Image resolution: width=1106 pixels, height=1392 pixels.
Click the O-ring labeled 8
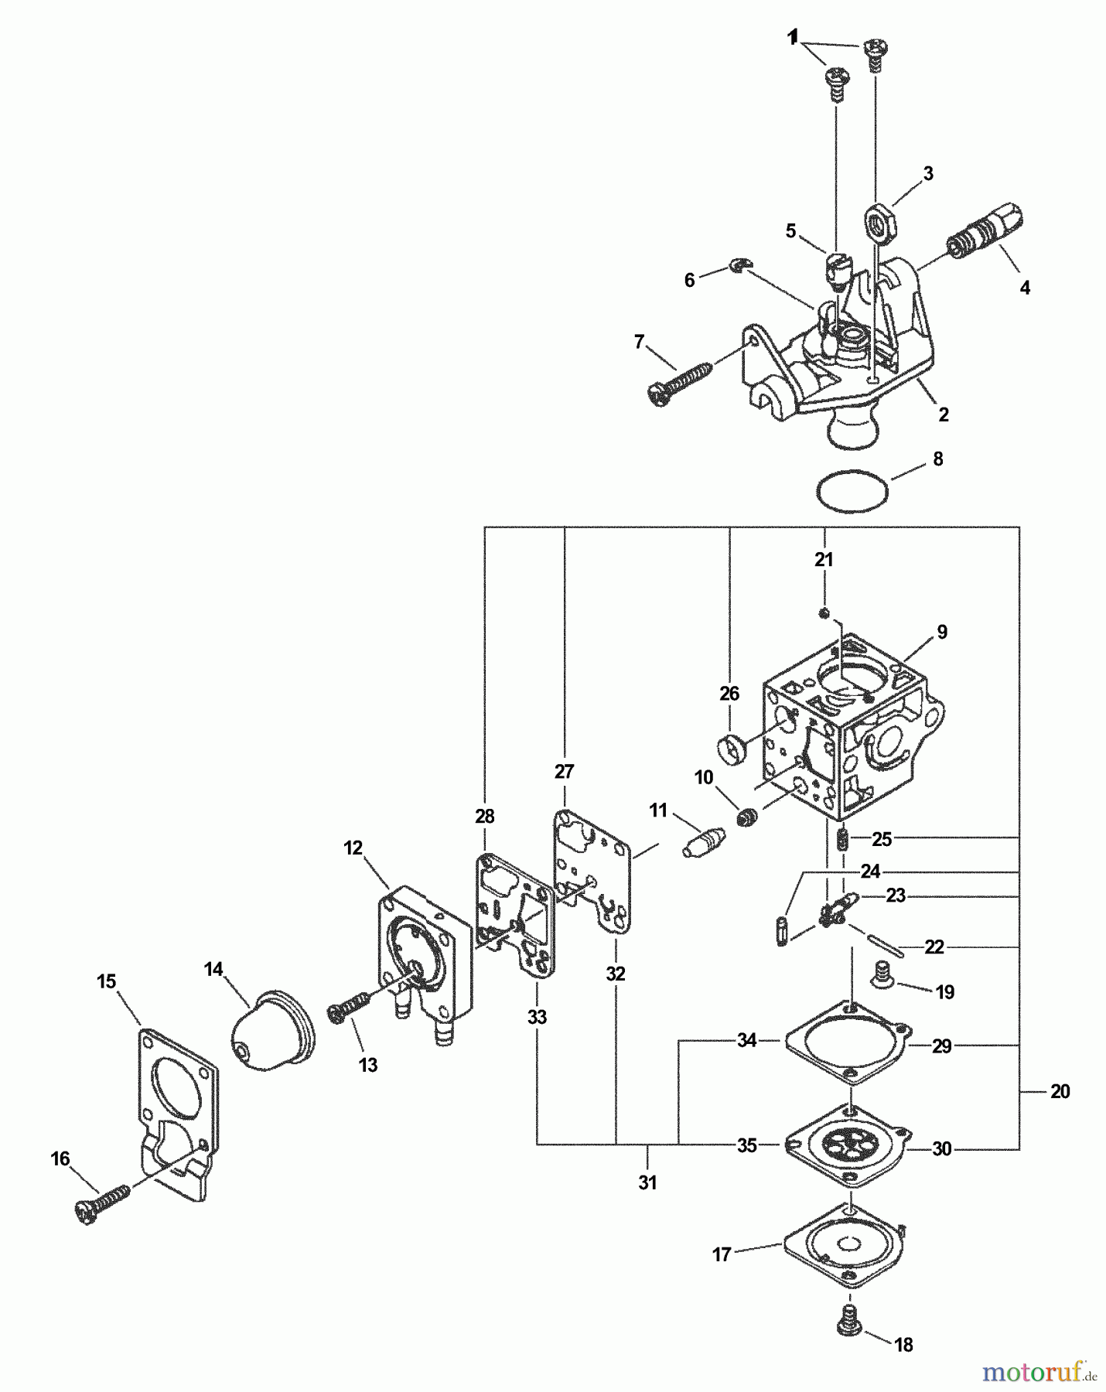click(x=852, y=491)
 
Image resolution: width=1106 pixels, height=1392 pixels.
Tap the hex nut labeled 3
click(x=879, y=221)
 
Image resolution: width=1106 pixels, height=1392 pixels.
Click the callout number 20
click(x=1060, y=1091)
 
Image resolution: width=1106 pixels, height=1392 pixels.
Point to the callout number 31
click(x=647, y=1182)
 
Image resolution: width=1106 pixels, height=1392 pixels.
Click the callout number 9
click(x=941, y=632)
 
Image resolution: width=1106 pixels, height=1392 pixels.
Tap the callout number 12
click(x=353, y=848)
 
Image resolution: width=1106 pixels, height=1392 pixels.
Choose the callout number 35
click(x=746, y=1145)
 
